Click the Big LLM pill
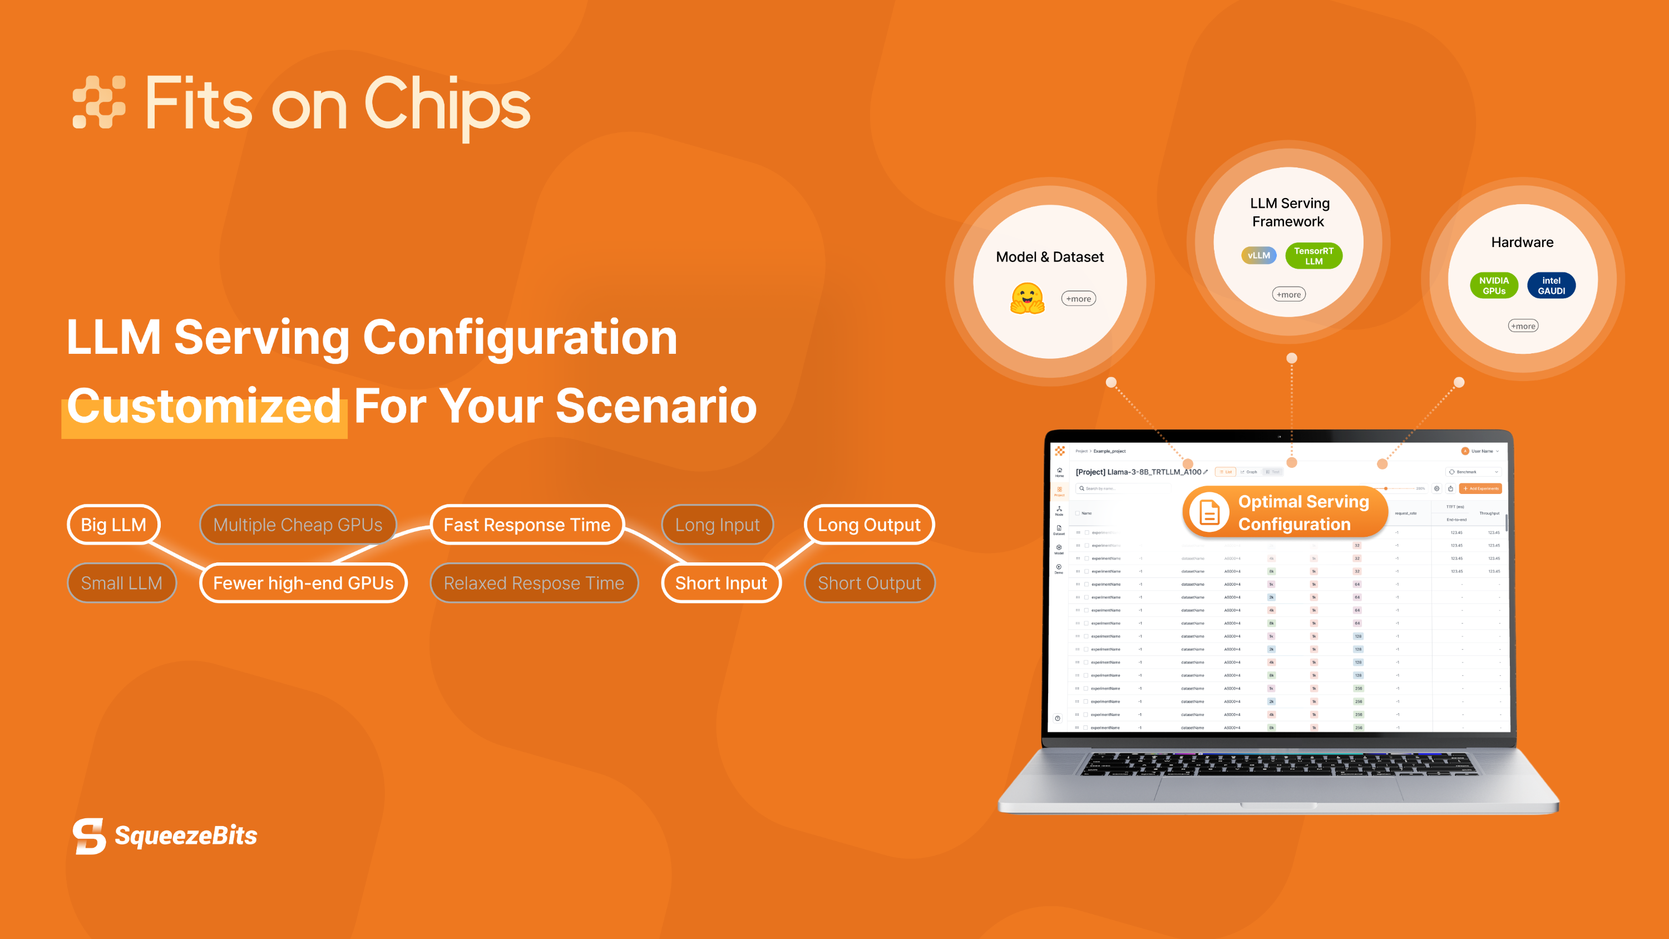pos(113,524)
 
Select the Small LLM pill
pos(121,582)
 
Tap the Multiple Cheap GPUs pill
pos(298,524)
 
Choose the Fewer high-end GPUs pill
pos(303,582)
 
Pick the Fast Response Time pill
pos(527,524)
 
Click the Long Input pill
pos(717,524)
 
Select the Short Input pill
pos(720,582)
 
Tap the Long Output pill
pos(869,524)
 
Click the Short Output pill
pos(869,582)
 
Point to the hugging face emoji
pos(1028,298)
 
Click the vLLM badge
pos(1259,255)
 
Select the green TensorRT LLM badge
pos(1314,255)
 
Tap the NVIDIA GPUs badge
pos(1493,285)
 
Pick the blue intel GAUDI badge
pos(1551,285)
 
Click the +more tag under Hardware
pos(1523,326)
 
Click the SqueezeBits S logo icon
pos(90,836)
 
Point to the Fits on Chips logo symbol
pos(98,102)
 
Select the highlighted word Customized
pos(204,406)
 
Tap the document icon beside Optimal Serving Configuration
pos(1209,512)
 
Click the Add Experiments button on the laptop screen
pos(1480,488)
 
